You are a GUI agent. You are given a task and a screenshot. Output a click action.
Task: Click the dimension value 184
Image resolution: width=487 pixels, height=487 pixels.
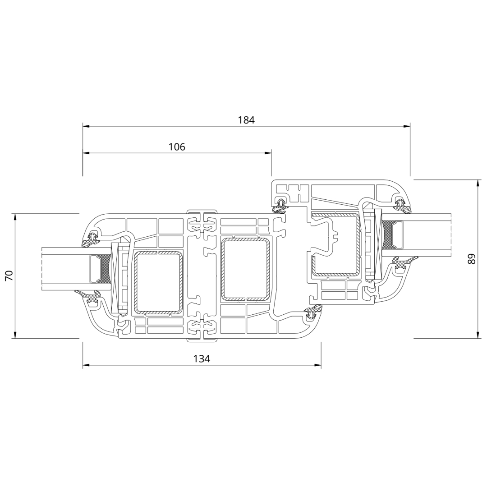246,120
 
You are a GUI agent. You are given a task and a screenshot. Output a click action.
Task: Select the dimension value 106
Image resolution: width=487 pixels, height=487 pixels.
177,147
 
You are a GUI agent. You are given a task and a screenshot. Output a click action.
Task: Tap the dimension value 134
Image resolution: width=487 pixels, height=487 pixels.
202,359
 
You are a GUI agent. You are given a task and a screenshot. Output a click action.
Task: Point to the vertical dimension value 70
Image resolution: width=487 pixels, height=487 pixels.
9,276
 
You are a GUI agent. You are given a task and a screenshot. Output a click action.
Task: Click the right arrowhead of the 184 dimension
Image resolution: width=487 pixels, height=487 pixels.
407,126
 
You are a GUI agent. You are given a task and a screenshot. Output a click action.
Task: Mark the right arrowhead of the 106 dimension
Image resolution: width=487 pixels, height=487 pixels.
268,153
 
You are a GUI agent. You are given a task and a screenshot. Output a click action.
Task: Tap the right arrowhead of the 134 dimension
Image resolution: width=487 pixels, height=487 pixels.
317,365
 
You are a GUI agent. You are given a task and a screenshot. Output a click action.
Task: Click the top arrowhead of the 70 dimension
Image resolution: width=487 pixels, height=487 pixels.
15,217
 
